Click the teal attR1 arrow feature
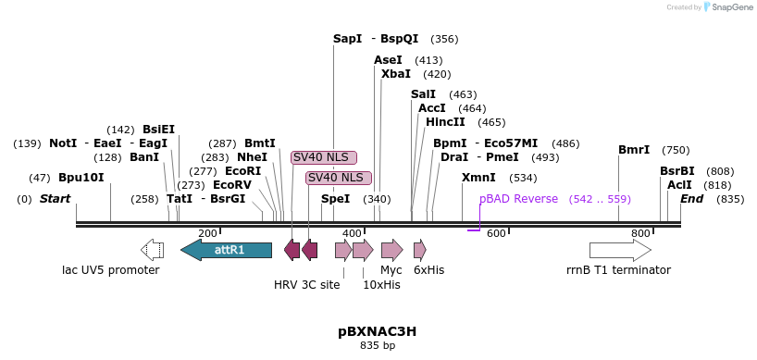point(226,250)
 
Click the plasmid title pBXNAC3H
point(377,331)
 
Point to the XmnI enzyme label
point(478,178)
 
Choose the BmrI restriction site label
point(634,150)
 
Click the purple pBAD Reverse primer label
point(518,199)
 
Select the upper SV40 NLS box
point(326,157)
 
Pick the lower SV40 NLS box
point(339,178)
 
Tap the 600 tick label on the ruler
point(496,233)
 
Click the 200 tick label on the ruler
point(207,233)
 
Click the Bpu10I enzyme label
point(81,178)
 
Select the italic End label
point(691,199)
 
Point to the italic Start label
point(55,199)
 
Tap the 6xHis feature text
point(428,270)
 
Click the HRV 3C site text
point(306,285)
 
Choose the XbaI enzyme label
point(395,74)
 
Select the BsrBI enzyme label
point(676,171)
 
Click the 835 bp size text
point(377,346)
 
